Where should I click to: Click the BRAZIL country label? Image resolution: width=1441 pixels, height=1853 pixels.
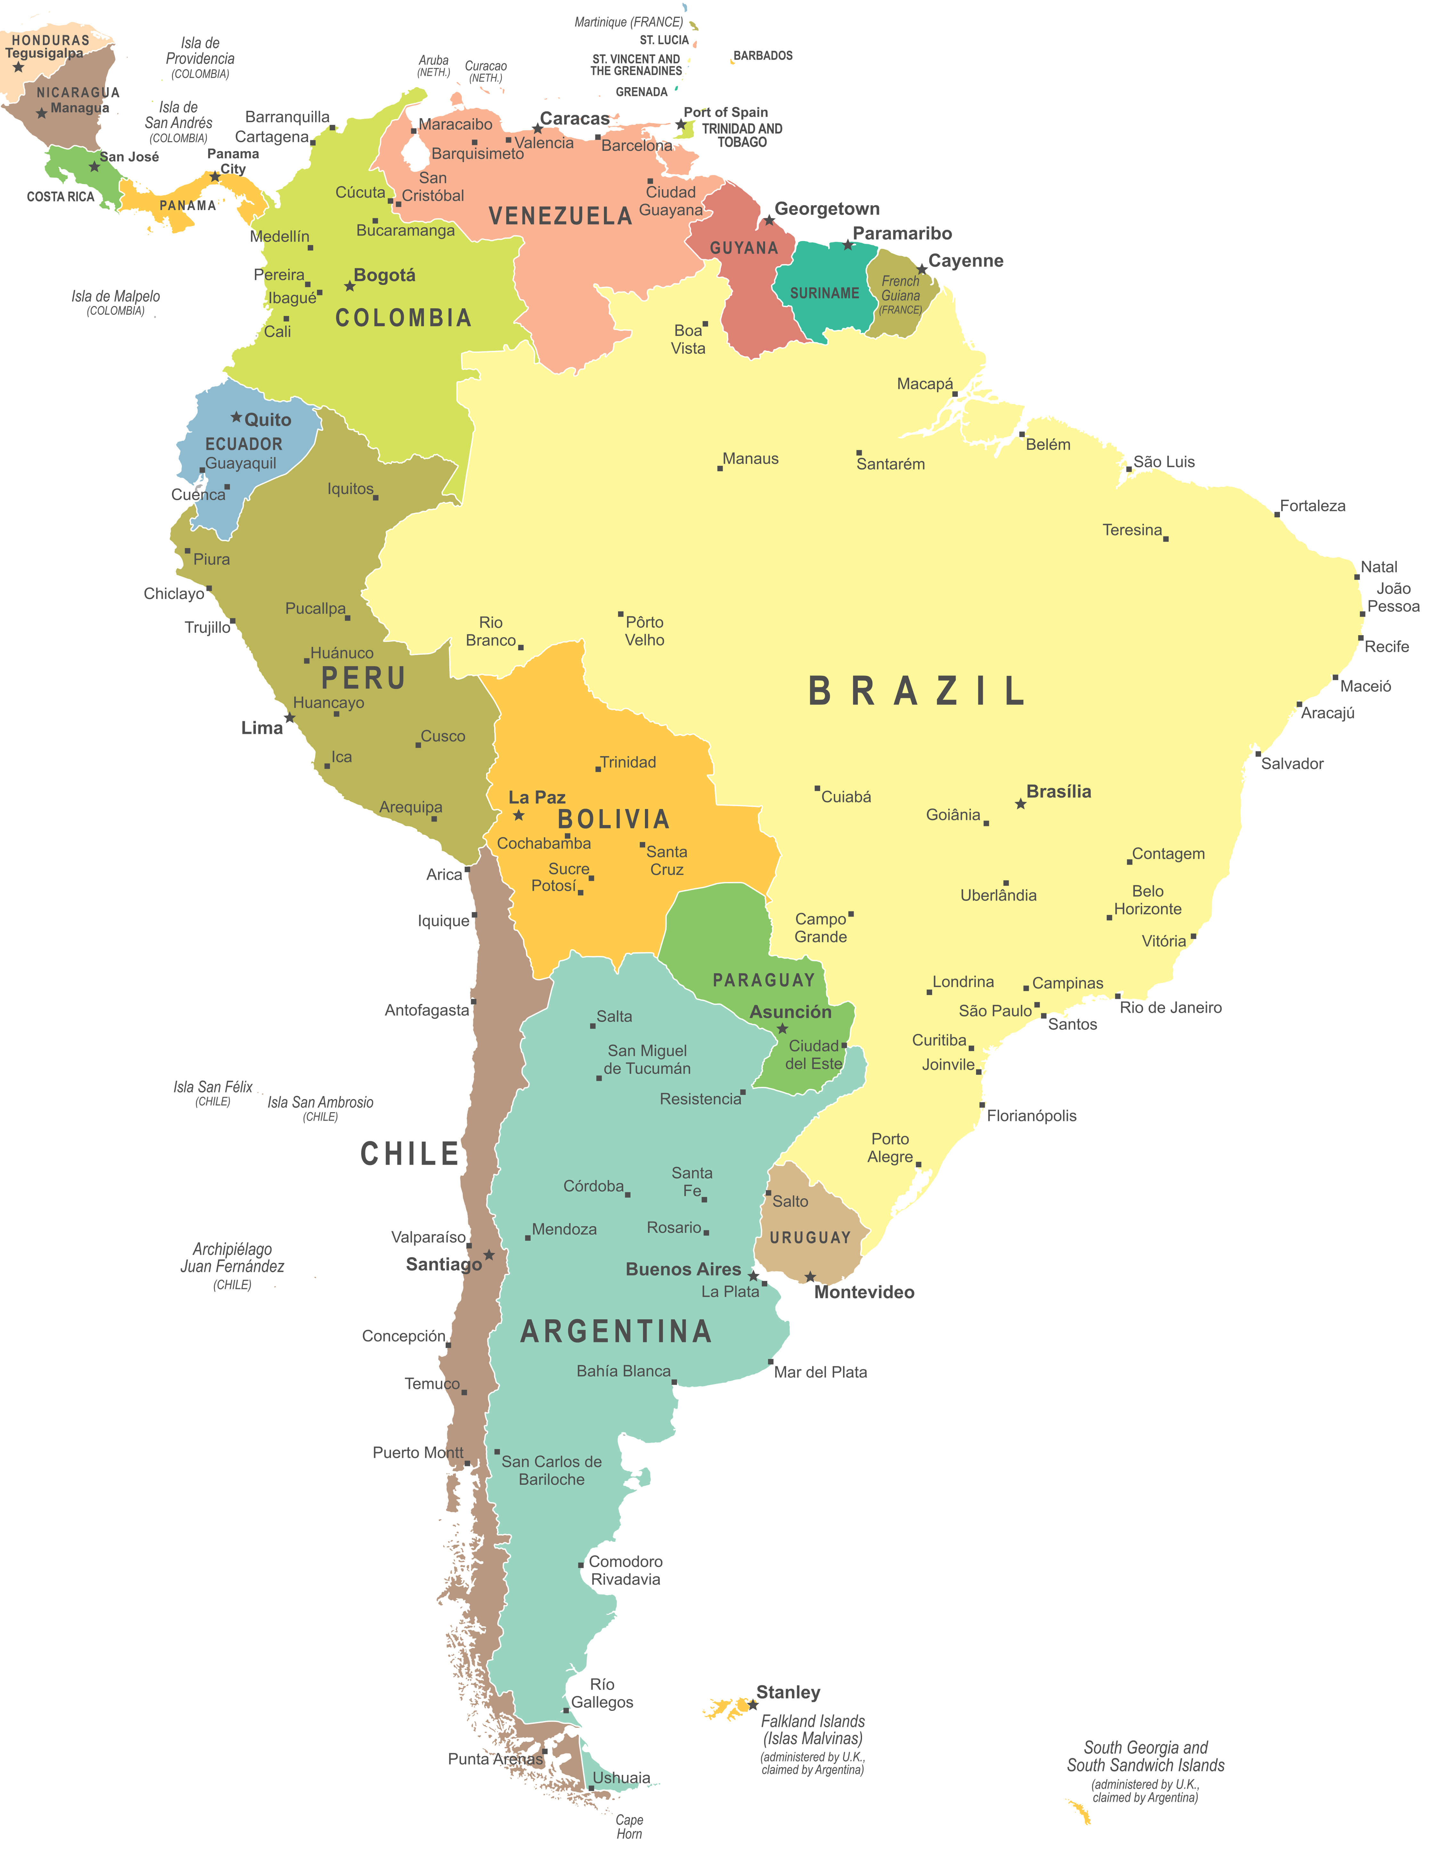coord(916,692)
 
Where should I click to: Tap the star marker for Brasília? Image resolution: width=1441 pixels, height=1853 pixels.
coord(1020,804)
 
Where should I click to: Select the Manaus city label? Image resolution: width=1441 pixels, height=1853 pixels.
coord(750,459)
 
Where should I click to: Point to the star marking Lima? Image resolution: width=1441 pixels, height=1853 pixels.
coord(289,718)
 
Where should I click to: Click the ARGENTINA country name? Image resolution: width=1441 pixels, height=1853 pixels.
coord(616,1332)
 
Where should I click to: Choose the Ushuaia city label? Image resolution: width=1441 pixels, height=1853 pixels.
coord(621,1777)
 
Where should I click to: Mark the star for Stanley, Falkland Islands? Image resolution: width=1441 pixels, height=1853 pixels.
coord(753,1704)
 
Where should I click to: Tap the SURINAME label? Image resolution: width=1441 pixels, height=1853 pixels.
coord(824,294)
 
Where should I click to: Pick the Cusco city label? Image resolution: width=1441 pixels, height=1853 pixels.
coord(443,736)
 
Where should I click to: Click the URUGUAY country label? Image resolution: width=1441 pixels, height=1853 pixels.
coord(810,1238)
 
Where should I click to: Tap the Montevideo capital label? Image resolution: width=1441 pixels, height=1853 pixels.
coord(864,1292)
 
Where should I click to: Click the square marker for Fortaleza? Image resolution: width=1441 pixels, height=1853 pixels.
coord(1276,514)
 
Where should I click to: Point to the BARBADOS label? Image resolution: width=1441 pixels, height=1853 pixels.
coord(763,56)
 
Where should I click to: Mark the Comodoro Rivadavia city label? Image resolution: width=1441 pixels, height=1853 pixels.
coord(625,1570)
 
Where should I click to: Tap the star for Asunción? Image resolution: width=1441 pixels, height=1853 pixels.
coord(782,1028)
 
